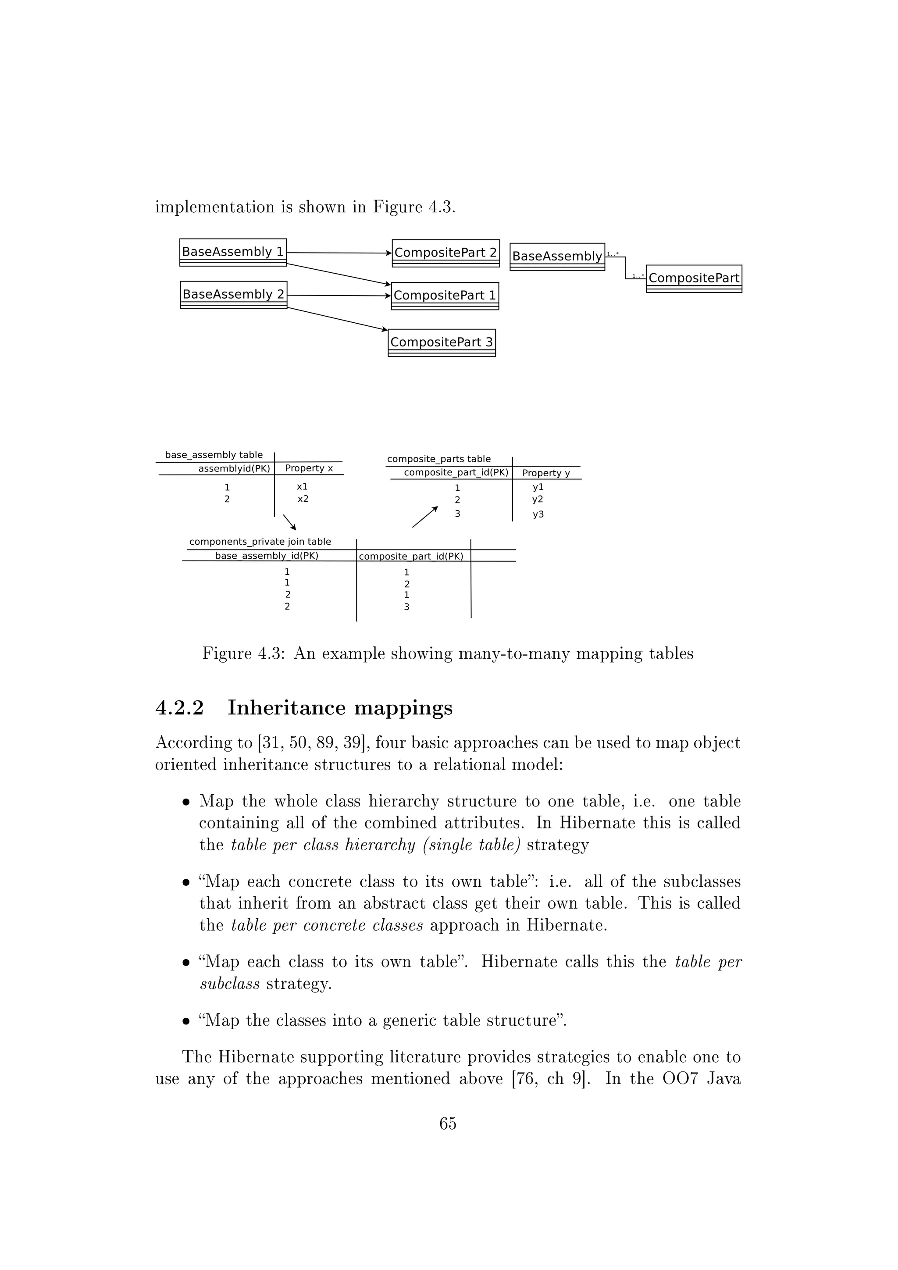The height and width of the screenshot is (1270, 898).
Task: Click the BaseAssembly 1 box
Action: click(x=233, y=252)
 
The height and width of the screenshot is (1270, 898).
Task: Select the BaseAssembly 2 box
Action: click(x=233, y=295)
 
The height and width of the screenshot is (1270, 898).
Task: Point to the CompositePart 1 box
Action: click(x=445, y=296)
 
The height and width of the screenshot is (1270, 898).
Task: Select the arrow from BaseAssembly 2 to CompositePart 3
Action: click(x=337, y=319)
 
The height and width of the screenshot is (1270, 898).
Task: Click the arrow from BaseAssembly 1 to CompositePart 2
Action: click(x=339, y=253)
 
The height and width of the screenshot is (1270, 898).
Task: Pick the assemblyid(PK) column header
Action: click(x=234, y=468)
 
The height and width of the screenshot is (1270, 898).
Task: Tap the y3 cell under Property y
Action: click(x=538, y=514)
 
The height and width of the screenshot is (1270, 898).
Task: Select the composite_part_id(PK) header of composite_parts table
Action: click(x=456, y=473)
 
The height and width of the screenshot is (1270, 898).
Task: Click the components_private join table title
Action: click(x=260, y=542)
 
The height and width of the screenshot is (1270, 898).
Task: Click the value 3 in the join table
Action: click(x=406, y=607)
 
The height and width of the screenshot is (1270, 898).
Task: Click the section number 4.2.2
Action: click(x=180, y=708)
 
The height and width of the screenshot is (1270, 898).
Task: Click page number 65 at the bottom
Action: click(x=448, y=1124)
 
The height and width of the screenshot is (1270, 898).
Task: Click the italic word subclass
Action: click(x=229, y=984)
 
